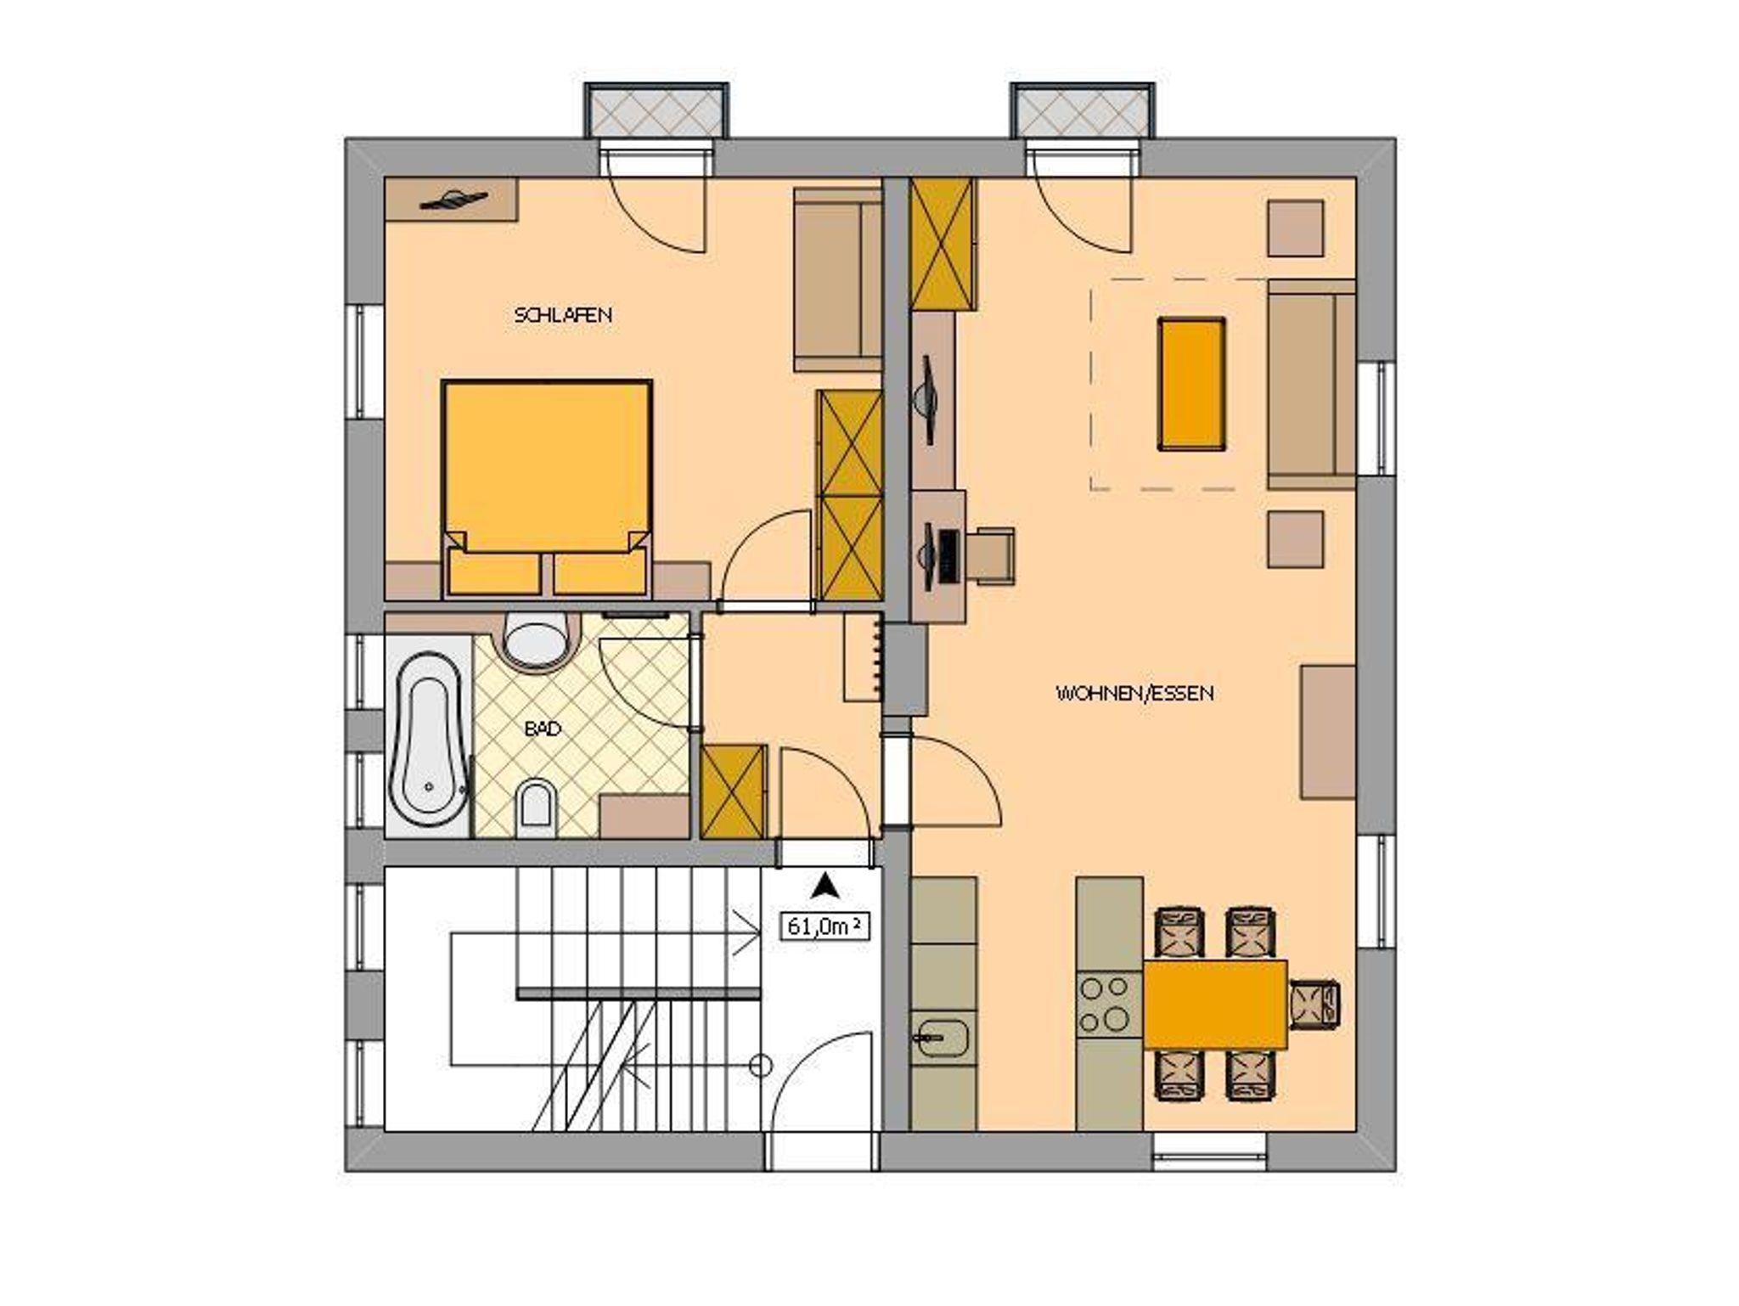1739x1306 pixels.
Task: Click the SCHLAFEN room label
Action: [x=563, y=315]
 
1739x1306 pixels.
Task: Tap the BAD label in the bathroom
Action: [x=543, y=729]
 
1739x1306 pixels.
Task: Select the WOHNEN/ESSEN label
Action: [x=1134, y=693]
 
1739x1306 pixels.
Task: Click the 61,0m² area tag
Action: [x=824, y=926]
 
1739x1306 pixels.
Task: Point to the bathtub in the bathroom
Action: [x=429, y=739]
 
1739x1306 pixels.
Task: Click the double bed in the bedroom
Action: [x=547, y=488]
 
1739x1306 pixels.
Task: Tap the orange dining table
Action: [x=1215, y=1005]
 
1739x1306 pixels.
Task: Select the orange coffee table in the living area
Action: [x=1191, y=384]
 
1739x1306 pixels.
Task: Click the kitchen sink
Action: [x=942, y=1038]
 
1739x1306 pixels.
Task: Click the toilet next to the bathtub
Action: [x=534, y=804]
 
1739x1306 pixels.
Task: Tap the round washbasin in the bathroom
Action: [x=536, y=638]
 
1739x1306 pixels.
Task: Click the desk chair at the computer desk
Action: [x=991, y=556]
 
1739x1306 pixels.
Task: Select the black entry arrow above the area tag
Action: [x=824, y=887]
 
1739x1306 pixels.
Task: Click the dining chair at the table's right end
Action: [x=1314, y=1005]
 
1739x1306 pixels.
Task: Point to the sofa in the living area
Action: [x=1310, y=385]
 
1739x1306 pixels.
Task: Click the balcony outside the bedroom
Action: [x=656, y=110]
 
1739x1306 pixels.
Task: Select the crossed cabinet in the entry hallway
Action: [x=735, y=792]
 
